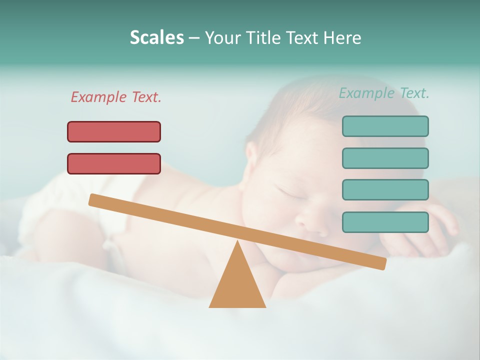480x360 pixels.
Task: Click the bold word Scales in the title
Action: coord(156,37)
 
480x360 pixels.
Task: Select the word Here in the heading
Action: coord(342,37)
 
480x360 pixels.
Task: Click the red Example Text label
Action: coord(116,97)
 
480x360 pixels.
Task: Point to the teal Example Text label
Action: coord(384,93)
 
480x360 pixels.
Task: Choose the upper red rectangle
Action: coord(114,131)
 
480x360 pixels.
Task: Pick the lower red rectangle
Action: coord(114,163)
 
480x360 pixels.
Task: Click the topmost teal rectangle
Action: coord(385,126)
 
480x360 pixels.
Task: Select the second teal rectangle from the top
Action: coord(385,158)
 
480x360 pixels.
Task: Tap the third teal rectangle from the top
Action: coord(385,190)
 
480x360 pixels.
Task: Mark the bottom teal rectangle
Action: coord(385,222)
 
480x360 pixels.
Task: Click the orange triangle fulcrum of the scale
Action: coord(237,285)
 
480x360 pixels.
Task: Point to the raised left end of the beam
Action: coord(95,200)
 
